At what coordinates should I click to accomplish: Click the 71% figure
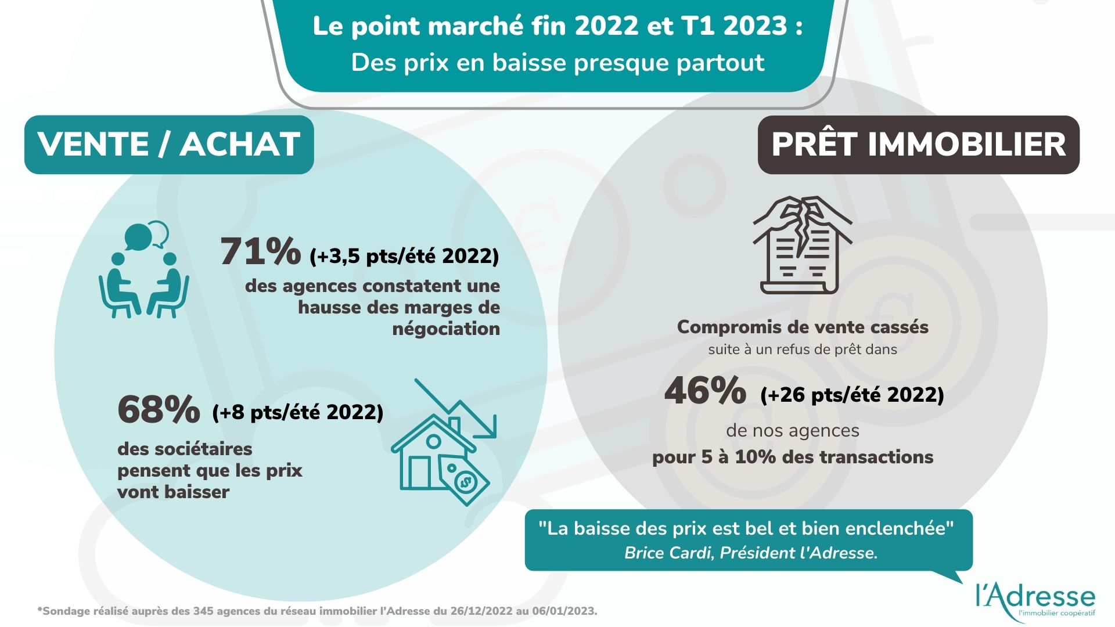tap(260, 252)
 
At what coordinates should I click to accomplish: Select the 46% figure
tap(705, 391)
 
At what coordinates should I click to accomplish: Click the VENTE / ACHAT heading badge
tap(169, 145)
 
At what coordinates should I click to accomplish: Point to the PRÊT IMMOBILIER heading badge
tap(918, 145)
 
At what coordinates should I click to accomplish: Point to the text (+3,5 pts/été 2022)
tap(404, 256)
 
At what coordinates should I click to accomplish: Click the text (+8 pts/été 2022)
tap(298, 412)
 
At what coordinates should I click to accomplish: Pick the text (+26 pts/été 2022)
tap(852, 395)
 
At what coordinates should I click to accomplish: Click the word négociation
tap(446, 329)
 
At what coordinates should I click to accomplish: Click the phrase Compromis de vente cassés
tap(803, 327)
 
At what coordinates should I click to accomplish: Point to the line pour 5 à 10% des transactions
tap(793, 457)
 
